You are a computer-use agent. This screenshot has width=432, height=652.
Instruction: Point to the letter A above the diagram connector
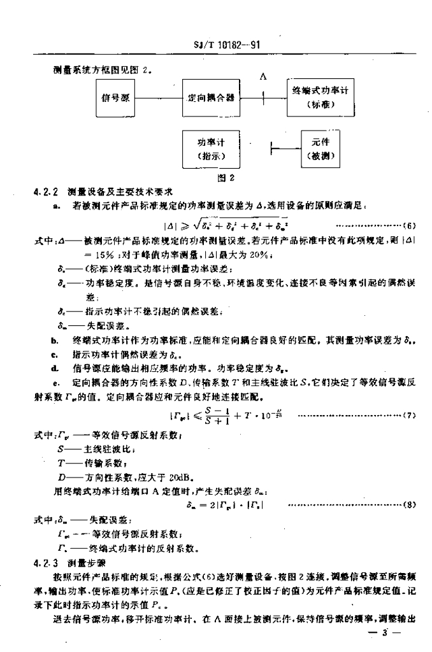pos(263,77)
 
